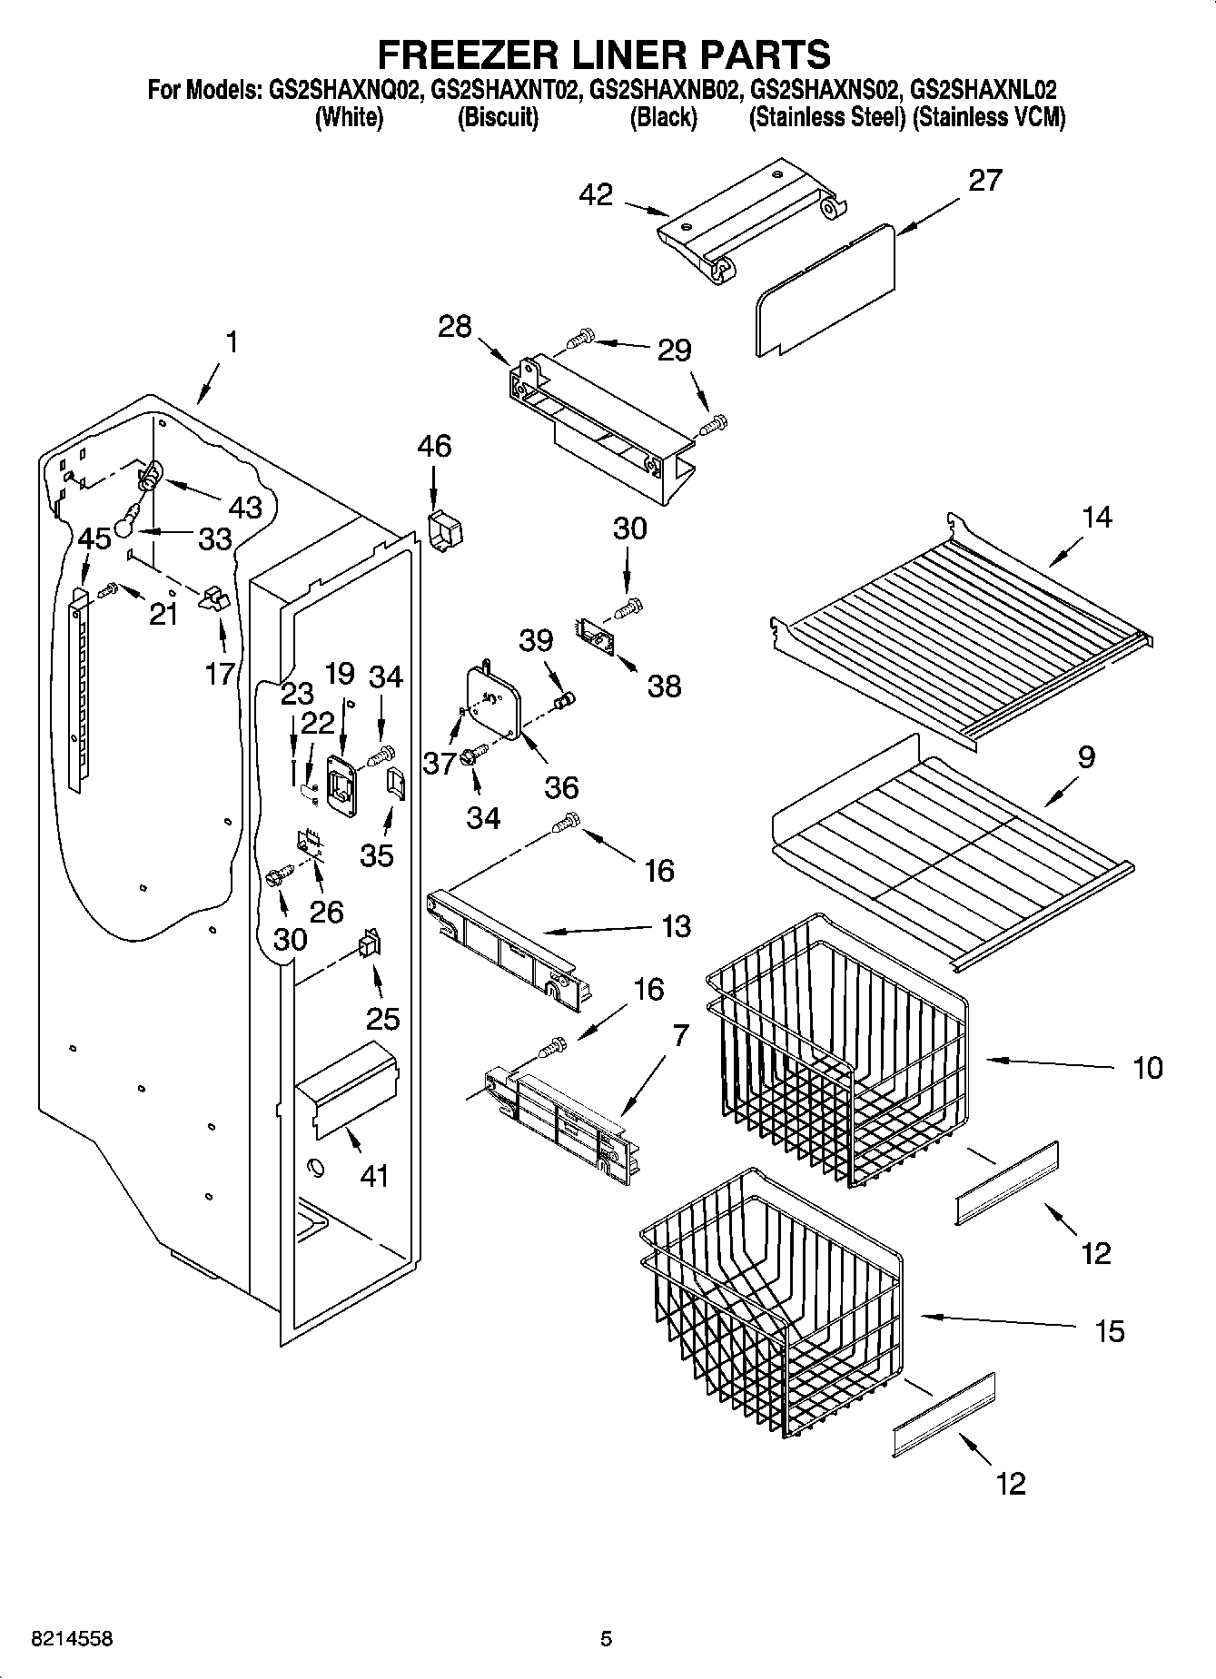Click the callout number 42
click(x=596, y=194)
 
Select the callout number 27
click(x=984, y=181)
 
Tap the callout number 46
click(x=434, y=447)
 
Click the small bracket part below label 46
click(x=443, y=530)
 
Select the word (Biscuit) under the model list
click(x=498, y=118)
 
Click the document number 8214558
click(x=72, y=1639)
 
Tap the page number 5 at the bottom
click(x=607, y=1639)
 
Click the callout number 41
click(x=374, y=1176)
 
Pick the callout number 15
click(x=1110, y=1331)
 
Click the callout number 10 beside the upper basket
click(x=1148, y=1068)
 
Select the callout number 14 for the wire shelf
click(x=1097, y=518)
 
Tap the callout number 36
click(x=562, y=786)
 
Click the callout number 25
click(x=382, y=1018)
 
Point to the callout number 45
click(x=94, y=538)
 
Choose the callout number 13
click(x=676, y=927)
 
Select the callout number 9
click(x=1085, y=756)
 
